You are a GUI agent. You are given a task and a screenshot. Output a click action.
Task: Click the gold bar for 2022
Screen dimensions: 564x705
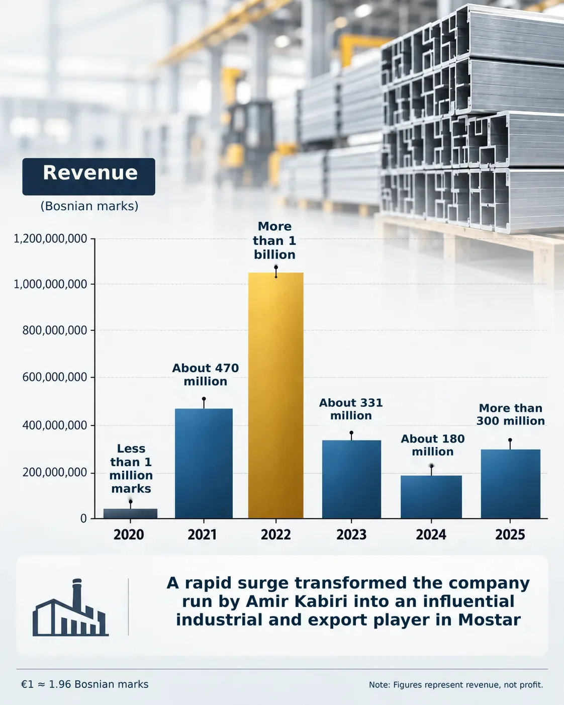(x=276, y=395)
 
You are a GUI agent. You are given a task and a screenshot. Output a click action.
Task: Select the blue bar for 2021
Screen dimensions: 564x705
(x=204, y=464)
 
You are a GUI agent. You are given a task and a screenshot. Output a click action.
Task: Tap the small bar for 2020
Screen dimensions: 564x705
(x=130, y=513)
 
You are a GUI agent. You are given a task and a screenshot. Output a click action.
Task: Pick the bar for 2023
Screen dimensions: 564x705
(x=351, y=479)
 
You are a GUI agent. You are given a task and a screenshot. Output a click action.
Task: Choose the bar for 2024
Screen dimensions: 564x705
(x=431, y=497)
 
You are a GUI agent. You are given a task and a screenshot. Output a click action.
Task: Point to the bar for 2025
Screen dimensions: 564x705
(x=511, y=484)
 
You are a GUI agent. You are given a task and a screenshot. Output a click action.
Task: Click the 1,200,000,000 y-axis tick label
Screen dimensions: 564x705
(x=50, y=239)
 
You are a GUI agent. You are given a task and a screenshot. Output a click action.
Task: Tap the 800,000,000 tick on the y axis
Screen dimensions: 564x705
(x=55, y=330)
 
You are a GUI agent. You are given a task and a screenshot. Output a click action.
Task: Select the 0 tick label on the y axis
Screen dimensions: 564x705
(x=83, y=518)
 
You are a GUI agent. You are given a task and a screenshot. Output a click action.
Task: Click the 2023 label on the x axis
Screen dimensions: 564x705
(x=351, y=535)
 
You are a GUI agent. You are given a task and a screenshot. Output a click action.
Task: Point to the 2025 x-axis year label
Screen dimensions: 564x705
(x=510, y=535)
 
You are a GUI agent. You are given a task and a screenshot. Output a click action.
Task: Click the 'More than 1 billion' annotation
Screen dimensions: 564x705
(x=274, y=240)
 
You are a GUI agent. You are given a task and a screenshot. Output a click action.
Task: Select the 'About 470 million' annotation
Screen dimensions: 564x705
(x=206, y=375)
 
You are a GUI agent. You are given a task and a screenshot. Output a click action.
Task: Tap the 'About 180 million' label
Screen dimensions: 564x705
(x=433, y=445)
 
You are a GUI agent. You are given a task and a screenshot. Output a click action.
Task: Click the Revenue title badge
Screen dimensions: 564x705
(x=89, y=177)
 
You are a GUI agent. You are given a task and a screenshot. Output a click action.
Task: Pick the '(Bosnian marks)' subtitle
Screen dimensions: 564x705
(x=89, y=206)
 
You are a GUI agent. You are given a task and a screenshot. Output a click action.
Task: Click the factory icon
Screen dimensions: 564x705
(x=70, y=607)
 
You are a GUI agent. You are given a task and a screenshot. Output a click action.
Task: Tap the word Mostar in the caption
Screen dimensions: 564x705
(x=489, y=620)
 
